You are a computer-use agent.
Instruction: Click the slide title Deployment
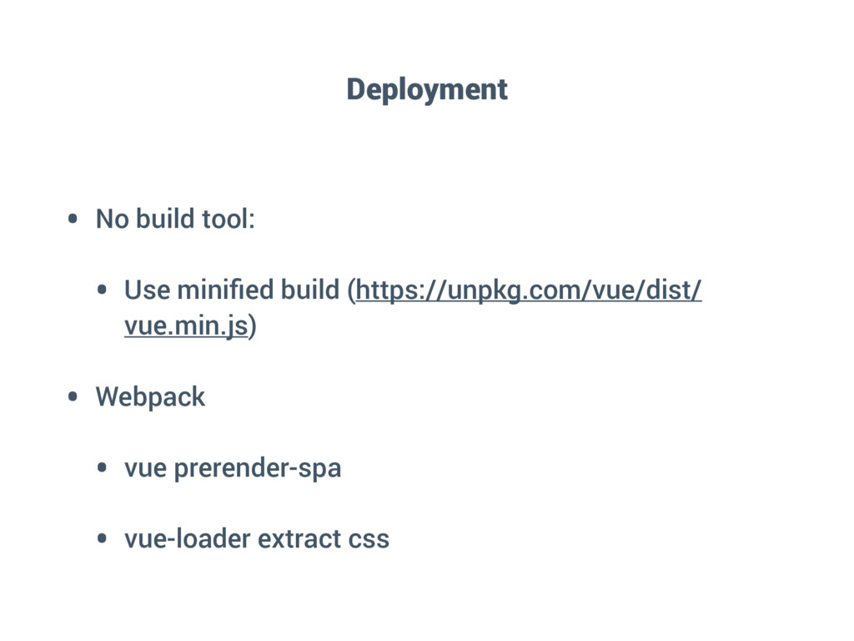point(427,89)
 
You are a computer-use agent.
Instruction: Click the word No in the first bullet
point(113,220)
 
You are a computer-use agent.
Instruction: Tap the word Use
point(147,290)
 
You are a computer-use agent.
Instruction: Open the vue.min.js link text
point(186,326)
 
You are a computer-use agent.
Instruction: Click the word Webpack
point(150,397)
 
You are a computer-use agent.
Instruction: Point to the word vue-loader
point(188,539)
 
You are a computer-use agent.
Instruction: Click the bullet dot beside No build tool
point(73,220)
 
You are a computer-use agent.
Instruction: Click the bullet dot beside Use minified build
point(102,291)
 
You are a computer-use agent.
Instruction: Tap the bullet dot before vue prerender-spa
point(102,469)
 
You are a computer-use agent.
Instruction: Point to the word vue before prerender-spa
point(146,469)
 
